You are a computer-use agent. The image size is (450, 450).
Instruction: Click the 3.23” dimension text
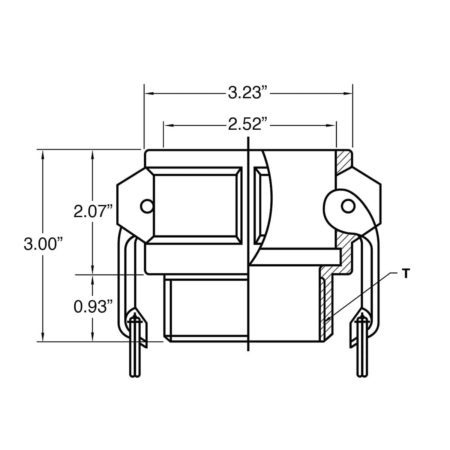pos(247,93)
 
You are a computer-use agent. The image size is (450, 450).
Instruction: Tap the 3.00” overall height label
pos(43,244)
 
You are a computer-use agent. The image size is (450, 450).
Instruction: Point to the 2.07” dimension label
pos(93,211)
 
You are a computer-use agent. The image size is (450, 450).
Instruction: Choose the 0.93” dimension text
pos(93,307)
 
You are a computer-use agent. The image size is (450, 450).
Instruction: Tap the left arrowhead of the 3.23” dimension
pos(150,93)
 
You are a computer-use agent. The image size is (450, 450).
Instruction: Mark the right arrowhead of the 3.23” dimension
pos(348,93)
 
